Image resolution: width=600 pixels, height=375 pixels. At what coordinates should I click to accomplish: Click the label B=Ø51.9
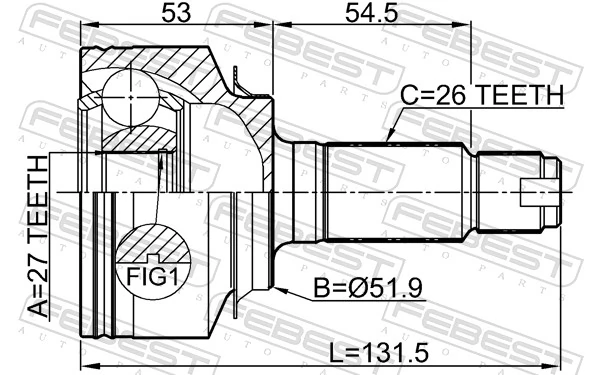pyautogui.click(x=369, y=289)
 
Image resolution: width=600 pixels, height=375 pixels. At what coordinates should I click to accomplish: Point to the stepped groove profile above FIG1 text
pyautogui.click(x=152, y=239)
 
